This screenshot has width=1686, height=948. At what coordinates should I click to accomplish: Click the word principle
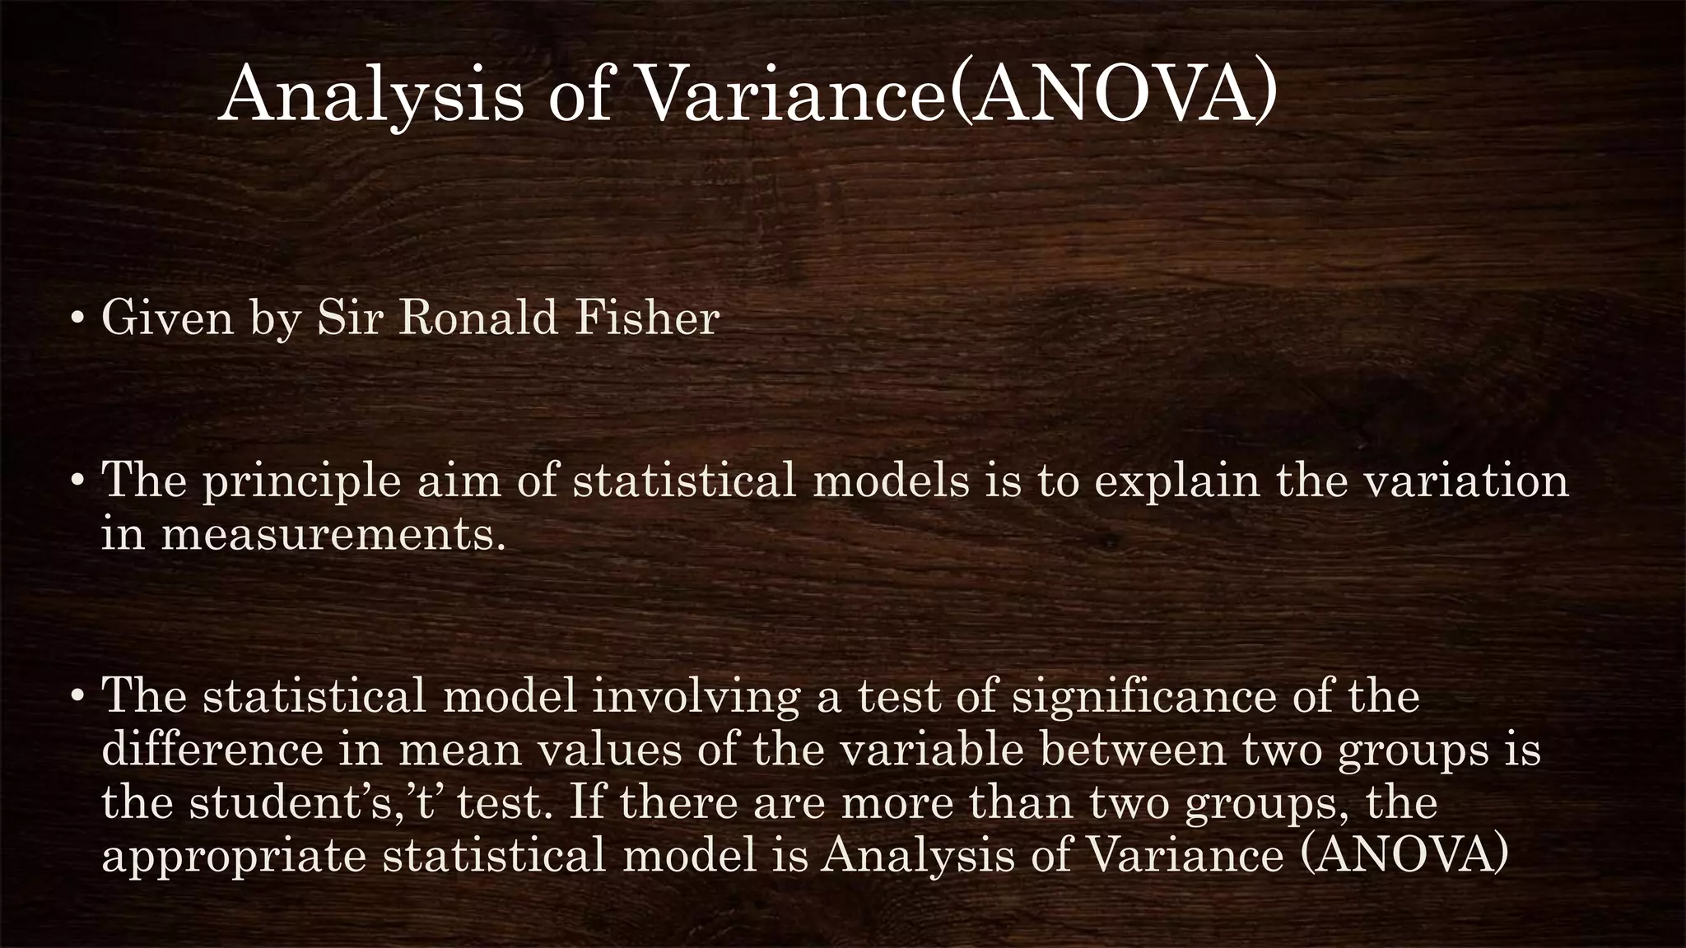pos(301,482)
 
